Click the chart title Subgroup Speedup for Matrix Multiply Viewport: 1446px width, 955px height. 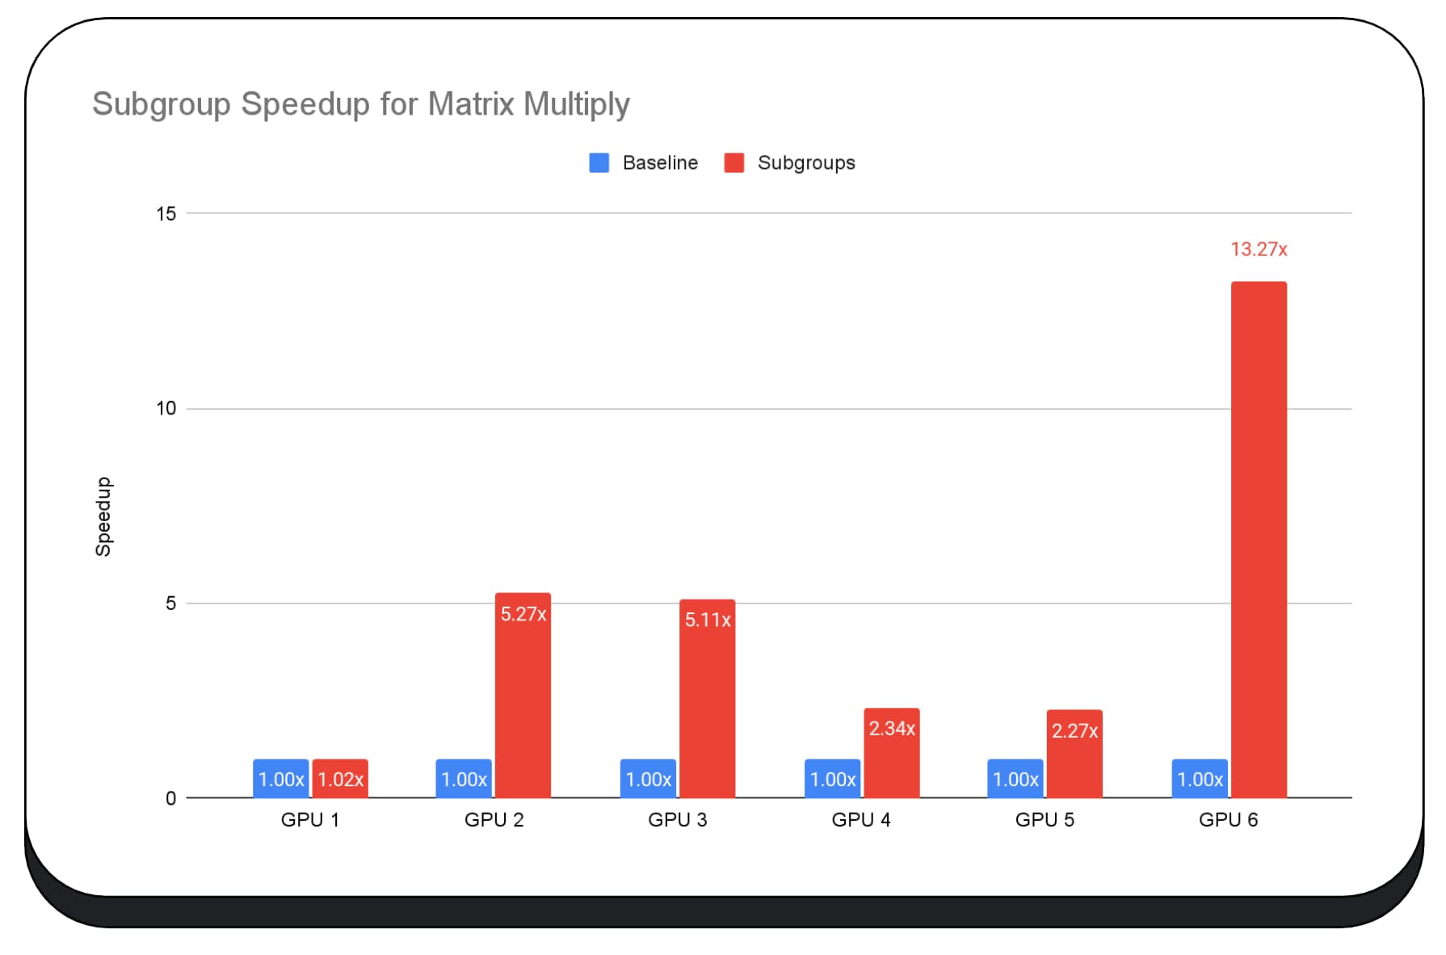pyautogui.click(x=360, y=104)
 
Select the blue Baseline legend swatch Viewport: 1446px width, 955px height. pyautogui.click(x=599, y=163)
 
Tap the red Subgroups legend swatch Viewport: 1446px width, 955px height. pyautogui.click(x=734, y=163)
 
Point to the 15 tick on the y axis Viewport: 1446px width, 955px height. pyautogui.click(x=166, y=214)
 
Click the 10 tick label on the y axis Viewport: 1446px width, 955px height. pyautogui.click(x=166, y=409)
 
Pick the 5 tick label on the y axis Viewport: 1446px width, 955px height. pyautogui.click(x=170, y=604)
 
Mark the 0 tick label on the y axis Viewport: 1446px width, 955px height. pyautogui.click(x=170, y=799)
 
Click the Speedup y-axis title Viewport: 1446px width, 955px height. pyautogui.click(x=103, y=516)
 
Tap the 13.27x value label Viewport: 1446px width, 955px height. pyautogui.click(x=1258, y=250)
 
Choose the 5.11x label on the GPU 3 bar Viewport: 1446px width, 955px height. pyautogui.click(x=708, y=620)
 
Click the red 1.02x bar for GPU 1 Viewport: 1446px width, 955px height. pyautogui.click(x=340, y=779)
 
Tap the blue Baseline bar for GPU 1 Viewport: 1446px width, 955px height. pyautogui.click(x=280, y=779)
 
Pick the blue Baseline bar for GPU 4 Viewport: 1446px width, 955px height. pyautogui.click(x=832, y=779)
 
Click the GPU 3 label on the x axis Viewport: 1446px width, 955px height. pyautogui.click(x=677, y=820)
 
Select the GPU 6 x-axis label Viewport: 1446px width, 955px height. pyautogui.click(x=1228, y=820)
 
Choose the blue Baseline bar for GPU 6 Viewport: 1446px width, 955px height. pyautogui.click(x=1200, y=779)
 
